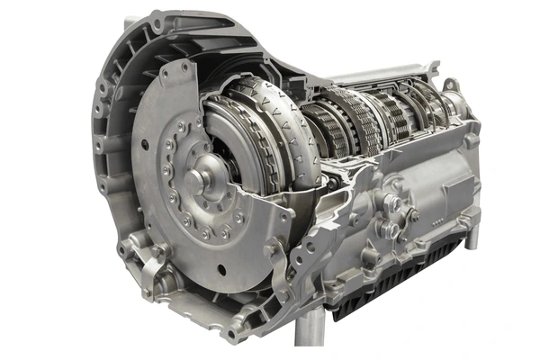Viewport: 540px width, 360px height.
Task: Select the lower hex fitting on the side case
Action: (390, 229)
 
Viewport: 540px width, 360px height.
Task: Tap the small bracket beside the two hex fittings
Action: (413, 215)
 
